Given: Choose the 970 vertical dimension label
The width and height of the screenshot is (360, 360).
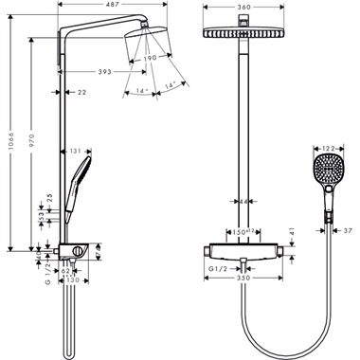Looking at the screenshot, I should [x=32, y=142].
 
